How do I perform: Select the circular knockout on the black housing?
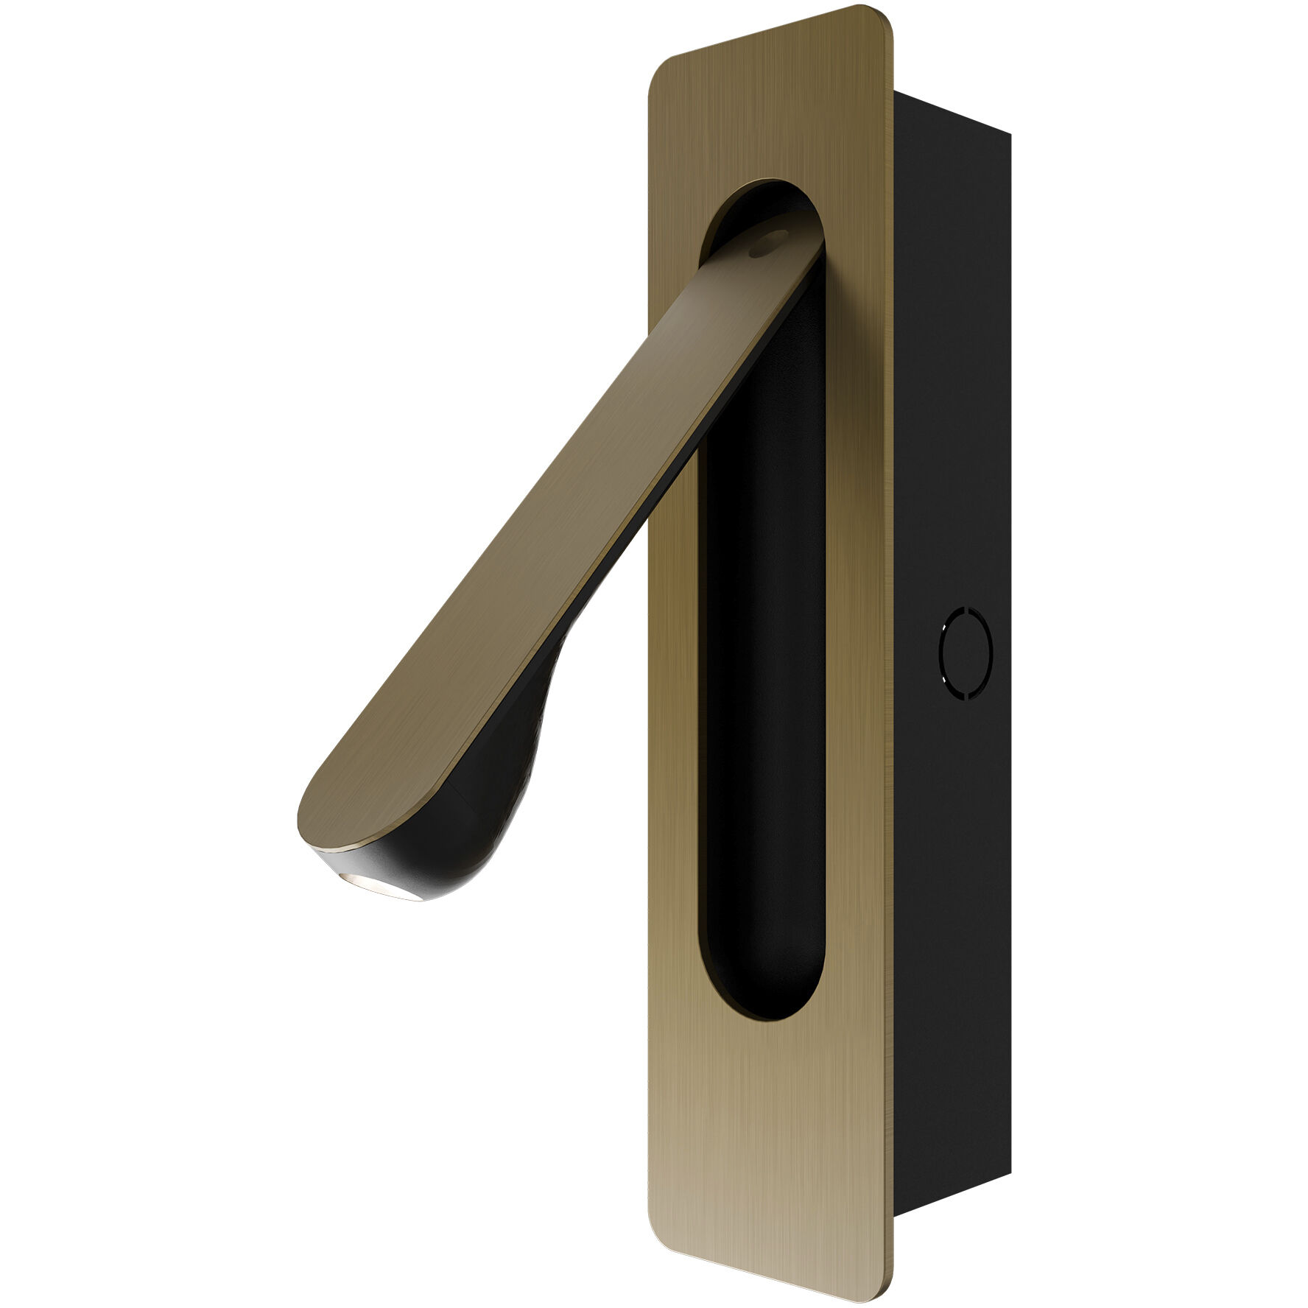point(966,653)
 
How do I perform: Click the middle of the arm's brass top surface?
point(560,516)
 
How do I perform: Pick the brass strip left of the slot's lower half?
point(674,847)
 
